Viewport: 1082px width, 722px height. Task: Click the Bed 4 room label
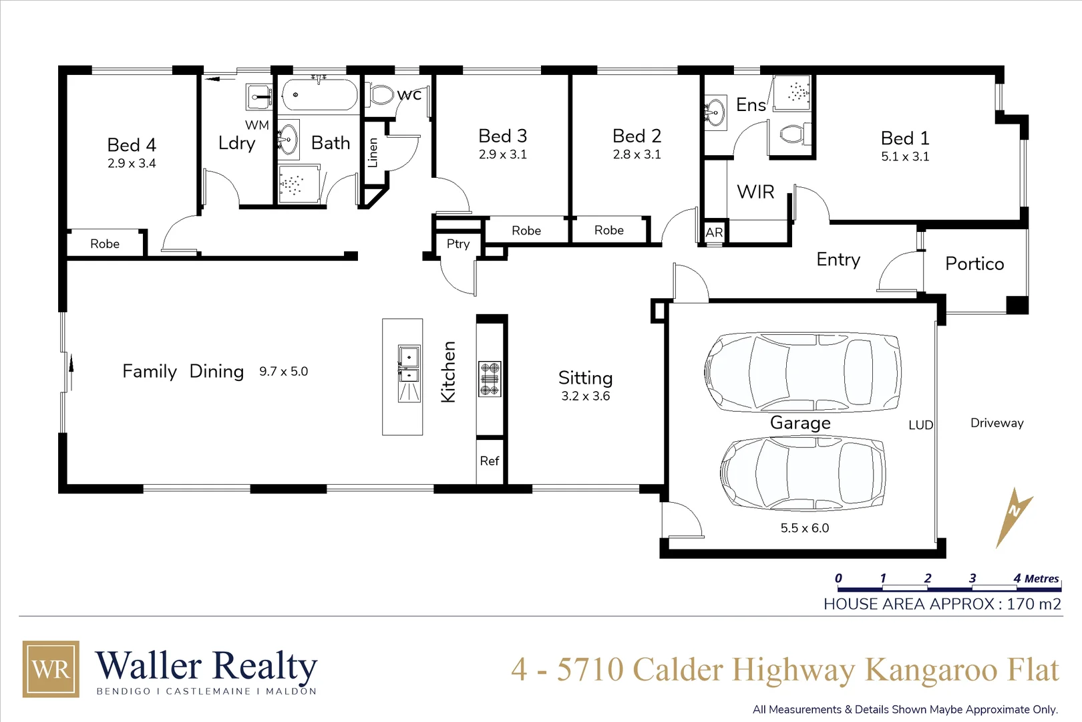pos(132,145)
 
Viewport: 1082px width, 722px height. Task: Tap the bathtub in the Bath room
pos(319,96)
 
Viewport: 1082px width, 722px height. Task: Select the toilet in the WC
pos(381,94)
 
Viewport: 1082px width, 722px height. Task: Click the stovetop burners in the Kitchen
pos(490,378)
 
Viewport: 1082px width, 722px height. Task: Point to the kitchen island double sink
pos(409,365)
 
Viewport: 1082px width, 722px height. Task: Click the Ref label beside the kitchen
pos(489,461)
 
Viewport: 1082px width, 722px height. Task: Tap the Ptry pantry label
pos(458,244)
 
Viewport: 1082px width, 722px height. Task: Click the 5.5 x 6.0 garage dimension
pos(804,528)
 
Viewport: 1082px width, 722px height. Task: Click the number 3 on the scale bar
pos(972,578)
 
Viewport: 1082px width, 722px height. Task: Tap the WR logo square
pos(51,669)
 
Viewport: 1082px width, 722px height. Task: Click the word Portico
pos(974,264)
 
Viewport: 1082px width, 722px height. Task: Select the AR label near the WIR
pos(714,233)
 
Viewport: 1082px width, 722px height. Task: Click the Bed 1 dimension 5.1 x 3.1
pos(904,156)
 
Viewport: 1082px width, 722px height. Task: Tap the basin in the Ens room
pos(715,112)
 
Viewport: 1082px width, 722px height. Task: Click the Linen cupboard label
pos(373,152)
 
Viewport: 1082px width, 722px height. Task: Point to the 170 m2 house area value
pos(1033,604)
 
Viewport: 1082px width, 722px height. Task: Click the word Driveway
pos(997,423)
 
